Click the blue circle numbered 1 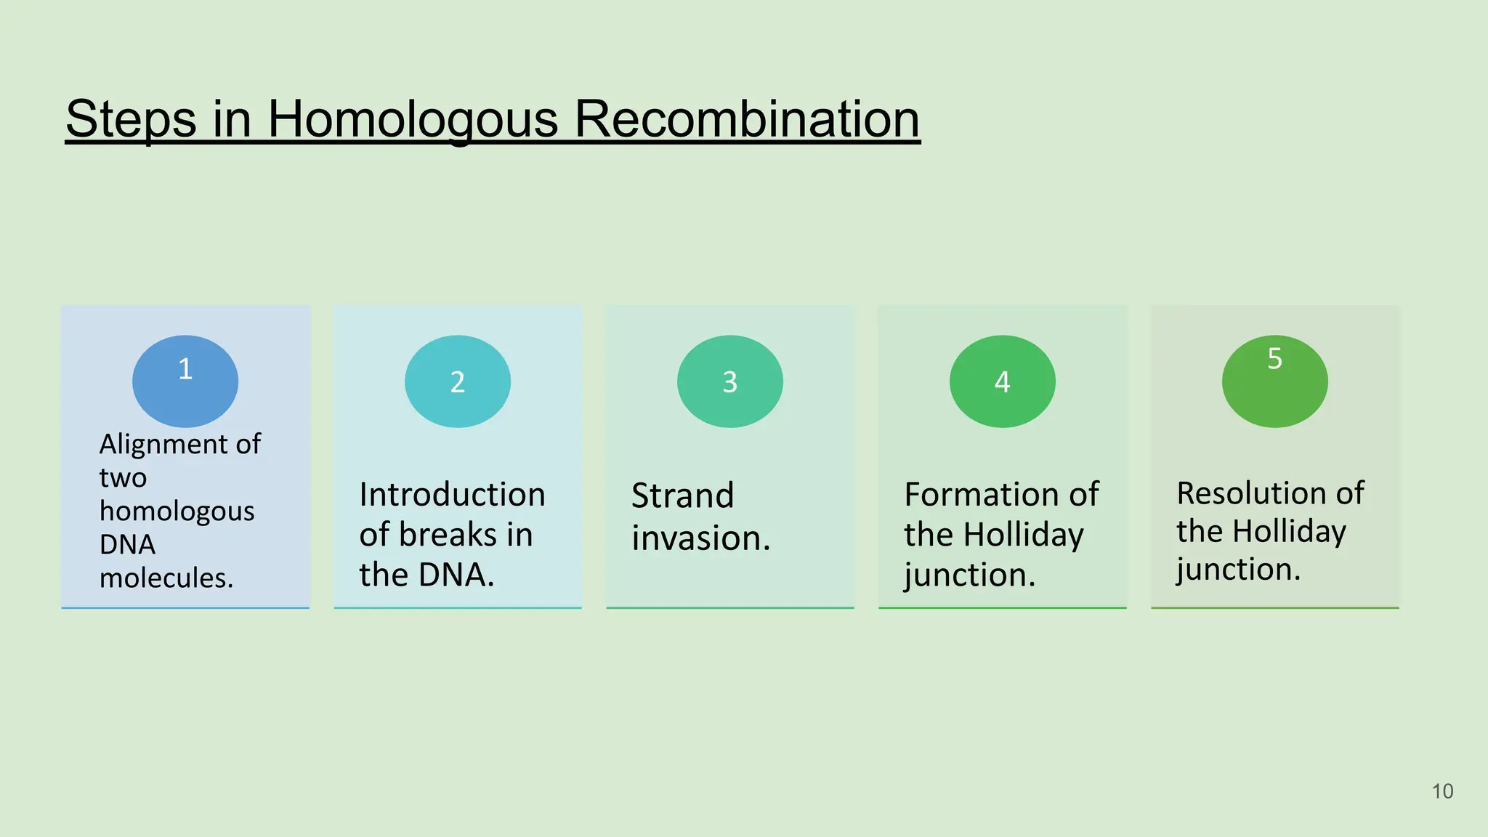coord(185,381)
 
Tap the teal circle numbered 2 coord(458,381)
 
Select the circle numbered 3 coord(730,381)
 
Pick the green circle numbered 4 coord(1003,381)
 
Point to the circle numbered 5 coord(1275,381)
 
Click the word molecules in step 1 coord(166,578)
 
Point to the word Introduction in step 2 coord(452,495)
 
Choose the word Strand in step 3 coord(682,496)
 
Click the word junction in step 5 coord(1237,569)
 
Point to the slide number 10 coord(1442,791)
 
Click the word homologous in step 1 coord(177,511)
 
